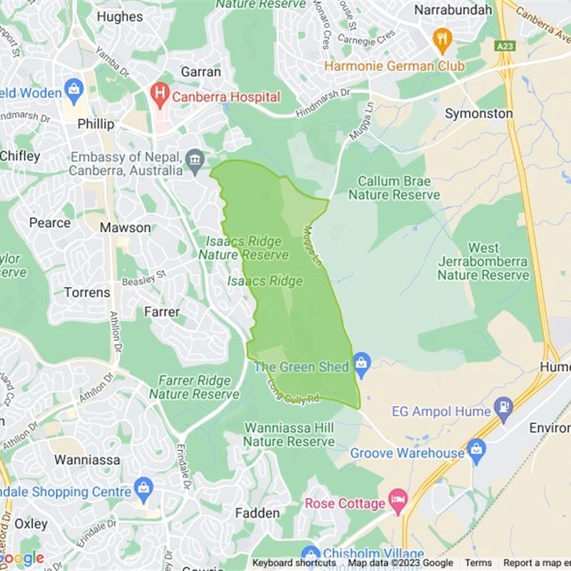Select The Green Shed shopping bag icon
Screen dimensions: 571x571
[x=362, y=364]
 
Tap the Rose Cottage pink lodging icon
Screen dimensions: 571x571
[x=398, y=501]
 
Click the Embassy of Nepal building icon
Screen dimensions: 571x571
[x=194, y=160]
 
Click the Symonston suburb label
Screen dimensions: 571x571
[x=478, y=113]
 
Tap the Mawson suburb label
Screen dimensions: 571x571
[x=125, y=228]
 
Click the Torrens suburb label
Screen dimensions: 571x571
[x=87, y=293]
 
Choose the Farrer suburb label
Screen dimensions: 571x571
[x=161, y=312]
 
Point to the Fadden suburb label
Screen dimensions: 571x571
[x=257, y=513]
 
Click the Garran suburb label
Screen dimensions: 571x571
[x=201, y=72]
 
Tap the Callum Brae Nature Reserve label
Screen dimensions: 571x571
[x=393, y=188]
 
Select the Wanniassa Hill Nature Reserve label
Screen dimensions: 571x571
[x=288, y=435]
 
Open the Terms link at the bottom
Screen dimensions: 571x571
[x=478, y=563]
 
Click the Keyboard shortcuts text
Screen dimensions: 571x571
[x=293, y=563]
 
